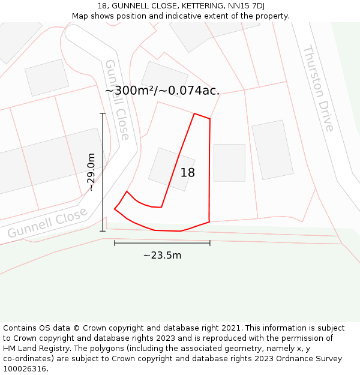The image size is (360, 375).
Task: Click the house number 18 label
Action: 188,173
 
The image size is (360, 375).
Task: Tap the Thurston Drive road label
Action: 318,88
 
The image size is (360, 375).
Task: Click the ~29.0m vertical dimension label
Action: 91,172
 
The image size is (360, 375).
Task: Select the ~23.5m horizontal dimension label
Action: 162,256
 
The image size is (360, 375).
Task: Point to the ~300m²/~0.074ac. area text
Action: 162,91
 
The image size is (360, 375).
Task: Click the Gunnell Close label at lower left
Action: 48,222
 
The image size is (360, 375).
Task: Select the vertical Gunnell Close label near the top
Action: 116,99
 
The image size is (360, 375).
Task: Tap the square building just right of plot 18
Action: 229,163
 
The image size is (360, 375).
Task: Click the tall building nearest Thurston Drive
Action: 272,149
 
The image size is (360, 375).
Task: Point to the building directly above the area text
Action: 164,76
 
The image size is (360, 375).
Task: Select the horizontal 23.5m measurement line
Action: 162,243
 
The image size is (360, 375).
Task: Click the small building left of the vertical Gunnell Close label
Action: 47,77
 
